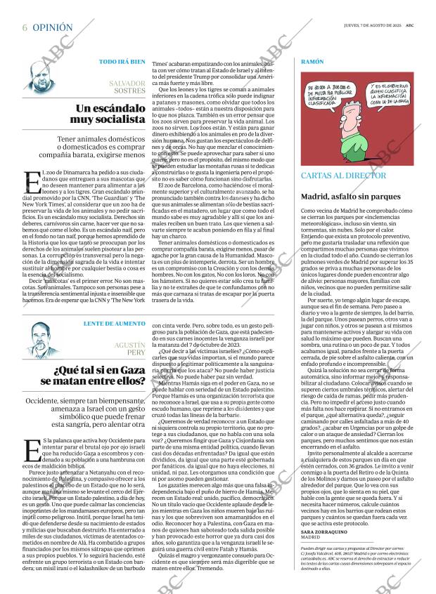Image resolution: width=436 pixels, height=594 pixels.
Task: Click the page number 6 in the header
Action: tap(25, 27)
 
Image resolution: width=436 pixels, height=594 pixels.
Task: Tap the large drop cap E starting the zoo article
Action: tap(32, 181)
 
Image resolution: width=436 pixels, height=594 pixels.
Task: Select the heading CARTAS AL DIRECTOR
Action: tap(345, 175)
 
